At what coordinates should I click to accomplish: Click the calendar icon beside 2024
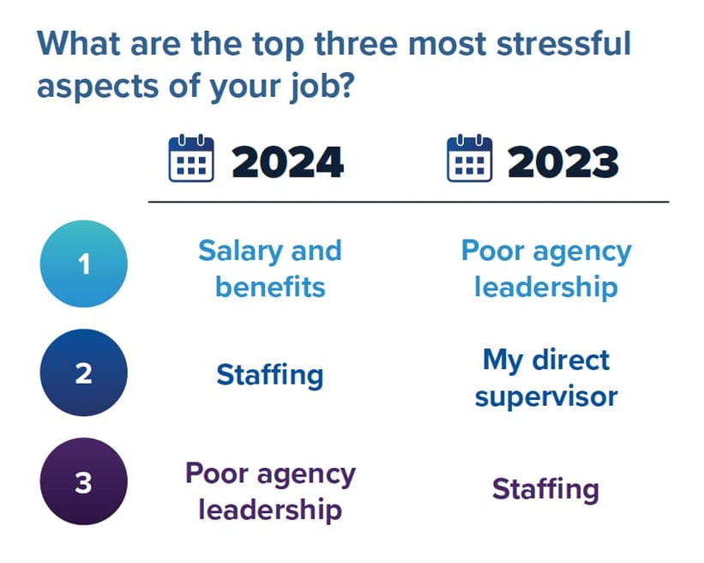191,159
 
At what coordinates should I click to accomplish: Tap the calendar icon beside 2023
469,159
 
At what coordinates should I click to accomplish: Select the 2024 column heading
287,161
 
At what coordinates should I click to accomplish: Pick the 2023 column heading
563,161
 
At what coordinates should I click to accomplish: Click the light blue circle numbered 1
83,264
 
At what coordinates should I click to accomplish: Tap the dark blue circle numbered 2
83,374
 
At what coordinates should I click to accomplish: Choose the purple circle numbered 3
83,483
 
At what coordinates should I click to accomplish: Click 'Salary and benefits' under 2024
270,268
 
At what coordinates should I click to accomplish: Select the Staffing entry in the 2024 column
270,375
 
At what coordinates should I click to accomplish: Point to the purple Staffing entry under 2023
545,489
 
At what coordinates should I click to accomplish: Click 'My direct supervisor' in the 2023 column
545,378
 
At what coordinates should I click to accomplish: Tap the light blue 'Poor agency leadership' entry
545,268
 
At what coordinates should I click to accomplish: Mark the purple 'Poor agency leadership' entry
270,491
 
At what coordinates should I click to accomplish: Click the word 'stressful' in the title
549,44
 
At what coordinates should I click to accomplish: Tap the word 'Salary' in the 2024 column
239,251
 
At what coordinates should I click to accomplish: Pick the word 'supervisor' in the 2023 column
545,396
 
